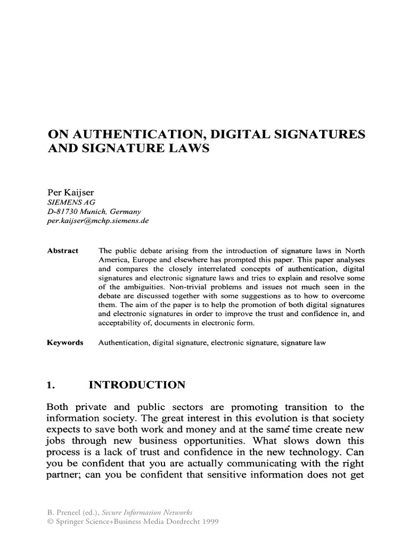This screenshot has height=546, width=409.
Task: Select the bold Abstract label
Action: (62, 251)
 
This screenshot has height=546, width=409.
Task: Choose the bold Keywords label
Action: (65, 343)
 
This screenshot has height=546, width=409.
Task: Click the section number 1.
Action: (52, 385)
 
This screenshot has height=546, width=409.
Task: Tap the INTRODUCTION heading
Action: (137, 385)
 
